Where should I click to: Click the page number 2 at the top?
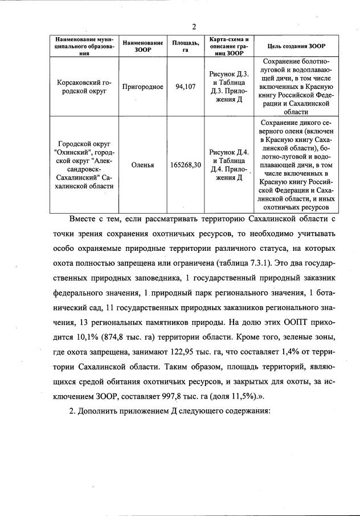(x=194, y=27)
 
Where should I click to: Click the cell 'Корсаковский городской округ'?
(x=84, y=87)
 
